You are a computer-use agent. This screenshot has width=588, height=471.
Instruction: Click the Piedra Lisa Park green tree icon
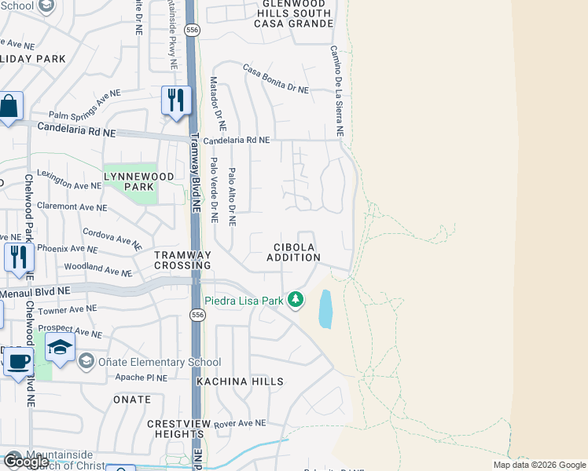coord(296,299)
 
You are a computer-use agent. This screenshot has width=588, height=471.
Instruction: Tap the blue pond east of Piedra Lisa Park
coord(325,309)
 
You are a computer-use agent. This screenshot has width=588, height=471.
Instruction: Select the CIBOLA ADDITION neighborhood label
coord(293,252)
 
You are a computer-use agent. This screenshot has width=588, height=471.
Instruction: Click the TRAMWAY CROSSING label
coord(183,260)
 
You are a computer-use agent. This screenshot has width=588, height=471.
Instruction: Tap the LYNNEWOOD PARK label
coord(138,182)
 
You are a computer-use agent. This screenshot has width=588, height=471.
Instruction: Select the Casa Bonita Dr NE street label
coord(276,79)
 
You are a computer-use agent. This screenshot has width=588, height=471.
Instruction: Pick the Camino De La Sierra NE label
coord(336,91)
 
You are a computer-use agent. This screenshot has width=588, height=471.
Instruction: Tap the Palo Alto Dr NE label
coord(232,196)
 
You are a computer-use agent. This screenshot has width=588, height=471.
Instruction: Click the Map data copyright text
coord(538,465)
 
